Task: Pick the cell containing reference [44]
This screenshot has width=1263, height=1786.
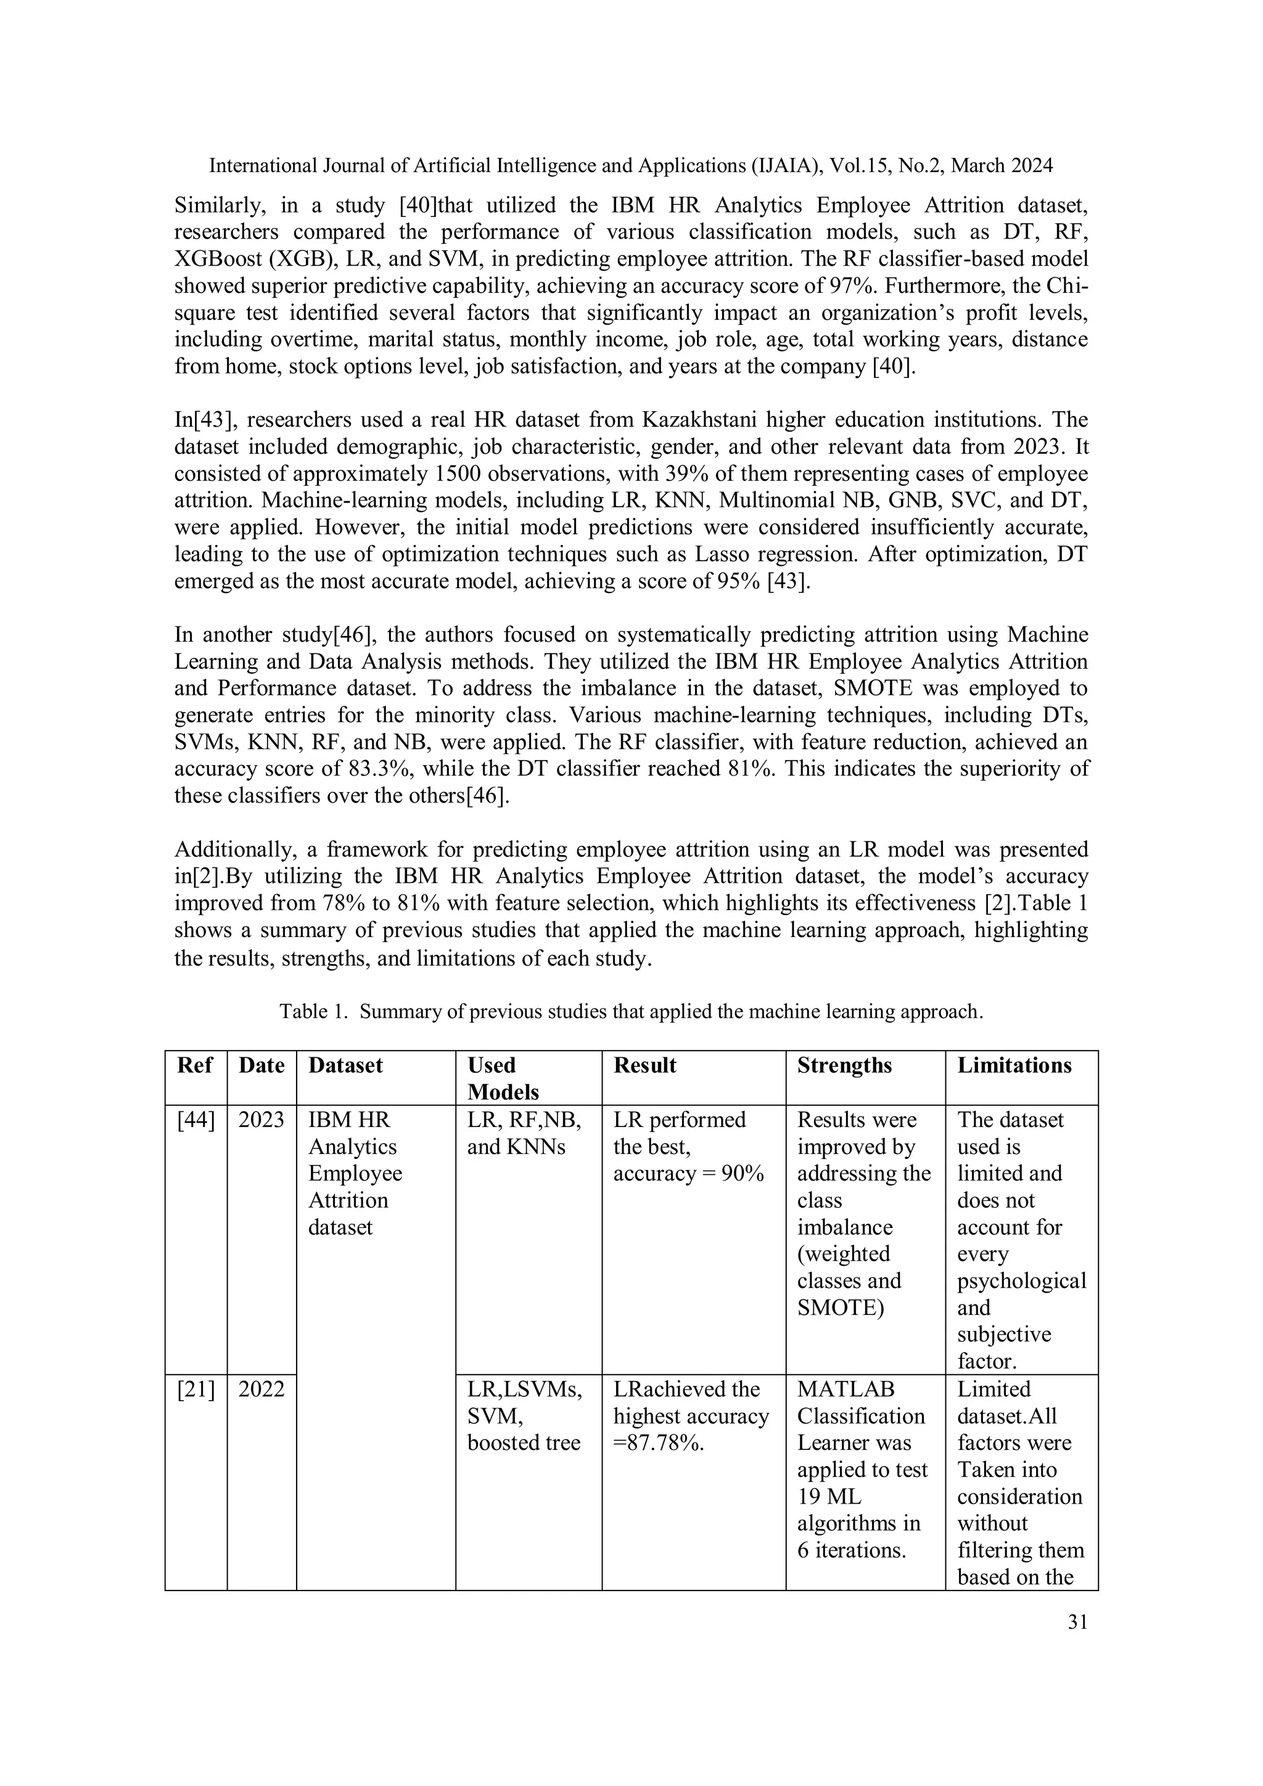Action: (x=195, y=1120)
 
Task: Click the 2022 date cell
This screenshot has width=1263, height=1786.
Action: (x=261, y=1388)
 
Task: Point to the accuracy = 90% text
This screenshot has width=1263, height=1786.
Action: (x=688, y=1173)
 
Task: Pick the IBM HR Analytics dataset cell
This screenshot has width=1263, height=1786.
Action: (x=355, y=1173)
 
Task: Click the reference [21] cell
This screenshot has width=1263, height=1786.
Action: (x=195, y=1388)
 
